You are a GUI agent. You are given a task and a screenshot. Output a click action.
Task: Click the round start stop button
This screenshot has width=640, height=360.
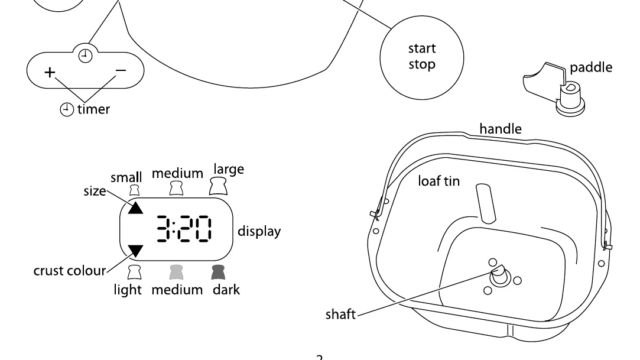coord(421,57)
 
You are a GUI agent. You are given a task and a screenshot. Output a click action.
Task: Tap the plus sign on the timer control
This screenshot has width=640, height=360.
coord(50,72)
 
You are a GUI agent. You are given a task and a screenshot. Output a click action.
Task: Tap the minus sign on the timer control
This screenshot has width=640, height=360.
coord(121,70)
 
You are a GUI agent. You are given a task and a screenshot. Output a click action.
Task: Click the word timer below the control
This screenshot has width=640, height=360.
coord(93,109)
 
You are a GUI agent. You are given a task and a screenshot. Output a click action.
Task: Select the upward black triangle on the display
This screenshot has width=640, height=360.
coord(135,207)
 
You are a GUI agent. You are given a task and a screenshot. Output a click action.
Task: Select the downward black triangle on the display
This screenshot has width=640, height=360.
coord(135,251)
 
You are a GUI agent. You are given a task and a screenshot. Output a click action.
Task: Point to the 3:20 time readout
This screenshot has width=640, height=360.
coord(184,229)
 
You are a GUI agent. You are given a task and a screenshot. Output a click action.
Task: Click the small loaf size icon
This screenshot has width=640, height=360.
coord(134,190)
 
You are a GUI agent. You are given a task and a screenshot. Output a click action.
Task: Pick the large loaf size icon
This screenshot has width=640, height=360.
coord(218,186)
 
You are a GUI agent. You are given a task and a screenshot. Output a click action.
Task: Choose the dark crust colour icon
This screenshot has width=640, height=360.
coord(219,273)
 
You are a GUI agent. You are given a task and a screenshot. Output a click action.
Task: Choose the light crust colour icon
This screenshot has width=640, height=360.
coord(134,273)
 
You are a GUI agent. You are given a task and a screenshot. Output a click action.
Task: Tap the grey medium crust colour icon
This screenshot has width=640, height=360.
coord(176,273)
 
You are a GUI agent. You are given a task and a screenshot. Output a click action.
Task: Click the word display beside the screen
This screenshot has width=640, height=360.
coord(259,231)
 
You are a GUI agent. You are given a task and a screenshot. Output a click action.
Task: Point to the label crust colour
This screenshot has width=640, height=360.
coord(69,271)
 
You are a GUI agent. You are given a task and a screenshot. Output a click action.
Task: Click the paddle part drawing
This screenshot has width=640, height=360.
coord(554,89)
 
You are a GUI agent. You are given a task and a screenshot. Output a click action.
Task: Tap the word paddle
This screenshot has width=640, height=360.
coord(591,67)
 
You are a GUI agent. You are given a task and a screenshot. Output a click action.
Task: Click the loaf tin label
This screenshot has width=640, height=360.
coord(438,181)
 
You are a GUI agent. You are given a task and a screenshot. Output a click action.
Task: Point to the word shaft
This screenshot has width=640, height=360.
coord(340,314)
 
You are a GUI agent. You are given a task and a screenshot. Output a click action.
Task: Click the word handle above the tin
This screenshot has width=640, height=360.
coord(501,129)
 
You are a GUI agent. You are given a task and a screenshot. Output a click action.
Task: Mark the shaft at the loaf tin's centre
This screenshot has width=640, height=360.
coord(499,276)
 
